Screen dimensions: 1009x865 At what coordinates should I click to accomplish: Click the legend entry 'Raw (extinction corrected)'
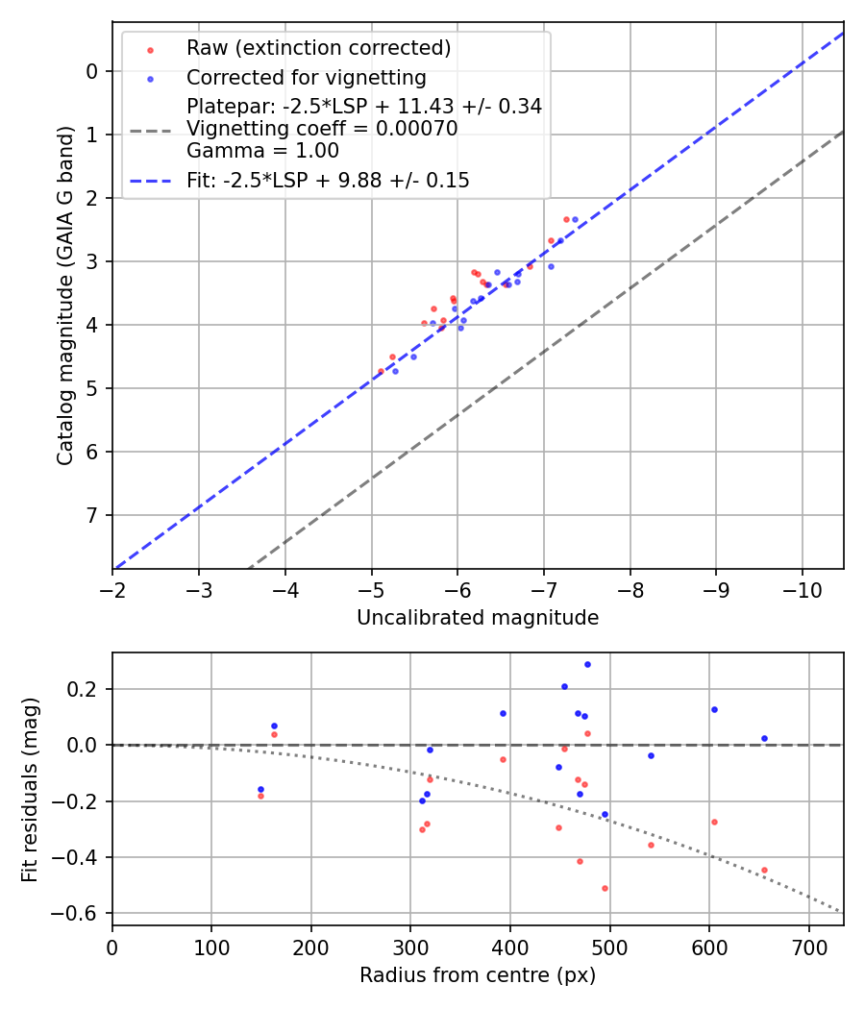(x=318, y=48)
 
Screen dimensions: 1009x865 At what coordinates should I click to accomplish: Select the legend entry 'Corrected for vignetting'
(x=306, y=77)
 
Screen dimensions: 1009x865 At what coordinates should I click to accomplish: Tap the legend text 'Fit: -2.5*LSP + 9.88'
(x=328, y=180)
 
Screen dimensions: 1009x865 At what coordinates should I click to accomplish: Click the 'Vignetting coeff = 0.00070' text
(x=322, y=129)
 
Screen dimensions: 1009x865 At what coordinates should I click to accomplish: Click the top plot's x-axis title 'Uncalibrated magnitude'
(x=478, y=618)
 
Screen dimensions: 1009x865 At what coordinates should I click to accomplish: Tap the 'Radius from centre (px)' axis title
(x=478, y=975)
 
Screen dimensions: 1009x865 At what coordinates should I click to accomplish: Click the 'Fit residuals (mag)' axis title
(x=30, y=789)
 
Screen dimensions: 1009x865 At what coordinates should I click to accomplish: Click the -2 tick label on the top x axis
(x=112, y=588)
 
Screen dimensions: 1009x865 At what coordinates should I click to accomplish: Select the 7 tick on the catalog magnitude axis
(x=92, y=515)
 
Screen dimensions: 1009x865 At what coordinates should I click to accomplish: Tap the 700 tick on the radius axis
(x=808, y=946)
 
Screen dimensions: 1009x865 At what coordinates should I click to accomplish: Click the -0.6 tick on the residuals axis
(x=83, y=913)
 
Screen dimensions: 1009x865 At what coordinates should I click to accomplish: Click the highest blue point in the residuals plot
(x=587, y=664)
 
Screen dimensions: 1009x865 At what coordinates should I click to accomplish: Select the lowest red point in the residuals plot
(x=605, y=888)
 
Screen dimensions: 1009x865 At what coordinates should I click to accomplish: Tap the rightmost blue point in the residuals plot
(x=764, y=738)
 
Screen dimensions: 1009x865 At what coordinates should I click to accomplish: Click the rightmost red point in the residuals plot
(x=764, y=870)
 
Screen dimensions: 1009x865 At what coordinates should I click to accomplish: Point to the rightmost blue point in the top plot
(x=575, y=219)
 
